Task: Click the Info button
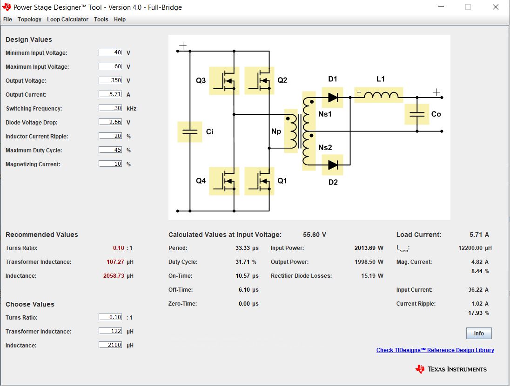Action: [479, 334]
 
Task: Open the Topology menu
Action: [29, 20]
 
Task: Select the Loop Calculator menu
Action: [67, 20]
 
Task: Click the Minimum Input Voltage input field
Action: [110, 52]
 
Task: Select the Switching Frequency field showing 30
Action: [110, 108]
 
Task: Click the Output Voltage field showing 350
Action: [110, 80]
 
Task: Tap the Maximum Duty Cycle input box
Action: [110, 150]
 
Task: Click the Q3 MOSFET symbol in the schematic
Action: [224, 81]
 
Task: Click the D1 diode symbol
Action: [332, 98]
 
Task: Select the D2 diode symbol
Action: [332, 165]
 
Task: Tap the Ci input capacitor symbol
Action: [190, 132]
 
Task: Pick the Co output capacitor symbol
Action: [416, 114]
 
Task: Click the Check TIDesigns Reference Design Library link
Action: [435, 350]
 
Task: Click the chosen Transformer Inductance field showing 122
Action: [110, 331]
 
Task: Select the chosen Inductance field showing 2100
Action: [110, 345]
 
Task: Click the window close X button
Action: [496, 7]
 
